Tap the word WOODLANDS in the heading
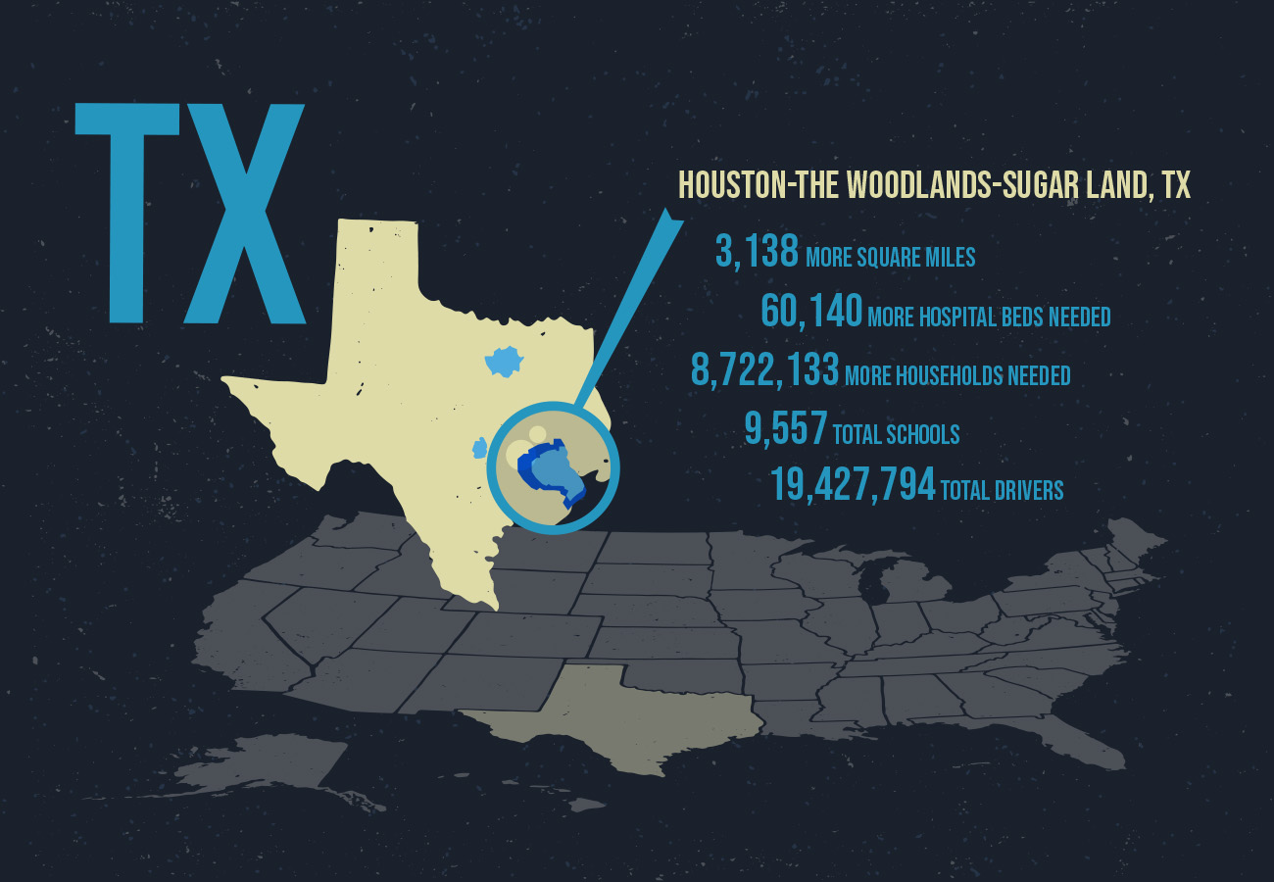[915, 185]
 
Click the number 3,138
[758, 253]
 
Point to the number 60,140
[811, 312]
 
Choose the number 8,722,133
[765, 370]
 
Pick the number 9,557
[785, 429]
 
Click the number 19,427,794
[852, 485]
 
